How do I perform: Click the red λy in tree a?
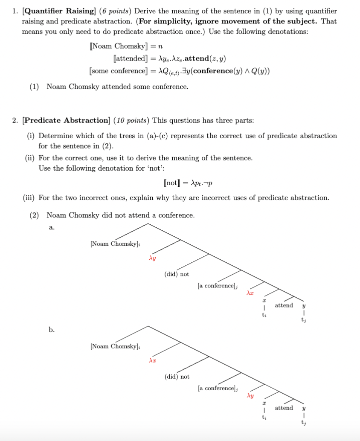(152, 258)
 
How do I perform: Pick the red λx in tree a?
(250, 293)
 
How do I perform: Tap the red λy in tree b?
(250, 396)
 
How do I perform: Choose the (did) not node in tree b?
(177, 377)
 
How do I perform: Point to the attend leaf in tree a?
(284, 305)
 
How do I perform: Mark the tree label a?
(52, 227)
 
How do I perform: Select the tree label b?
(52, 330)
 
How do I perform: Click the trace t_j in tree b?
(303, 423)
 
